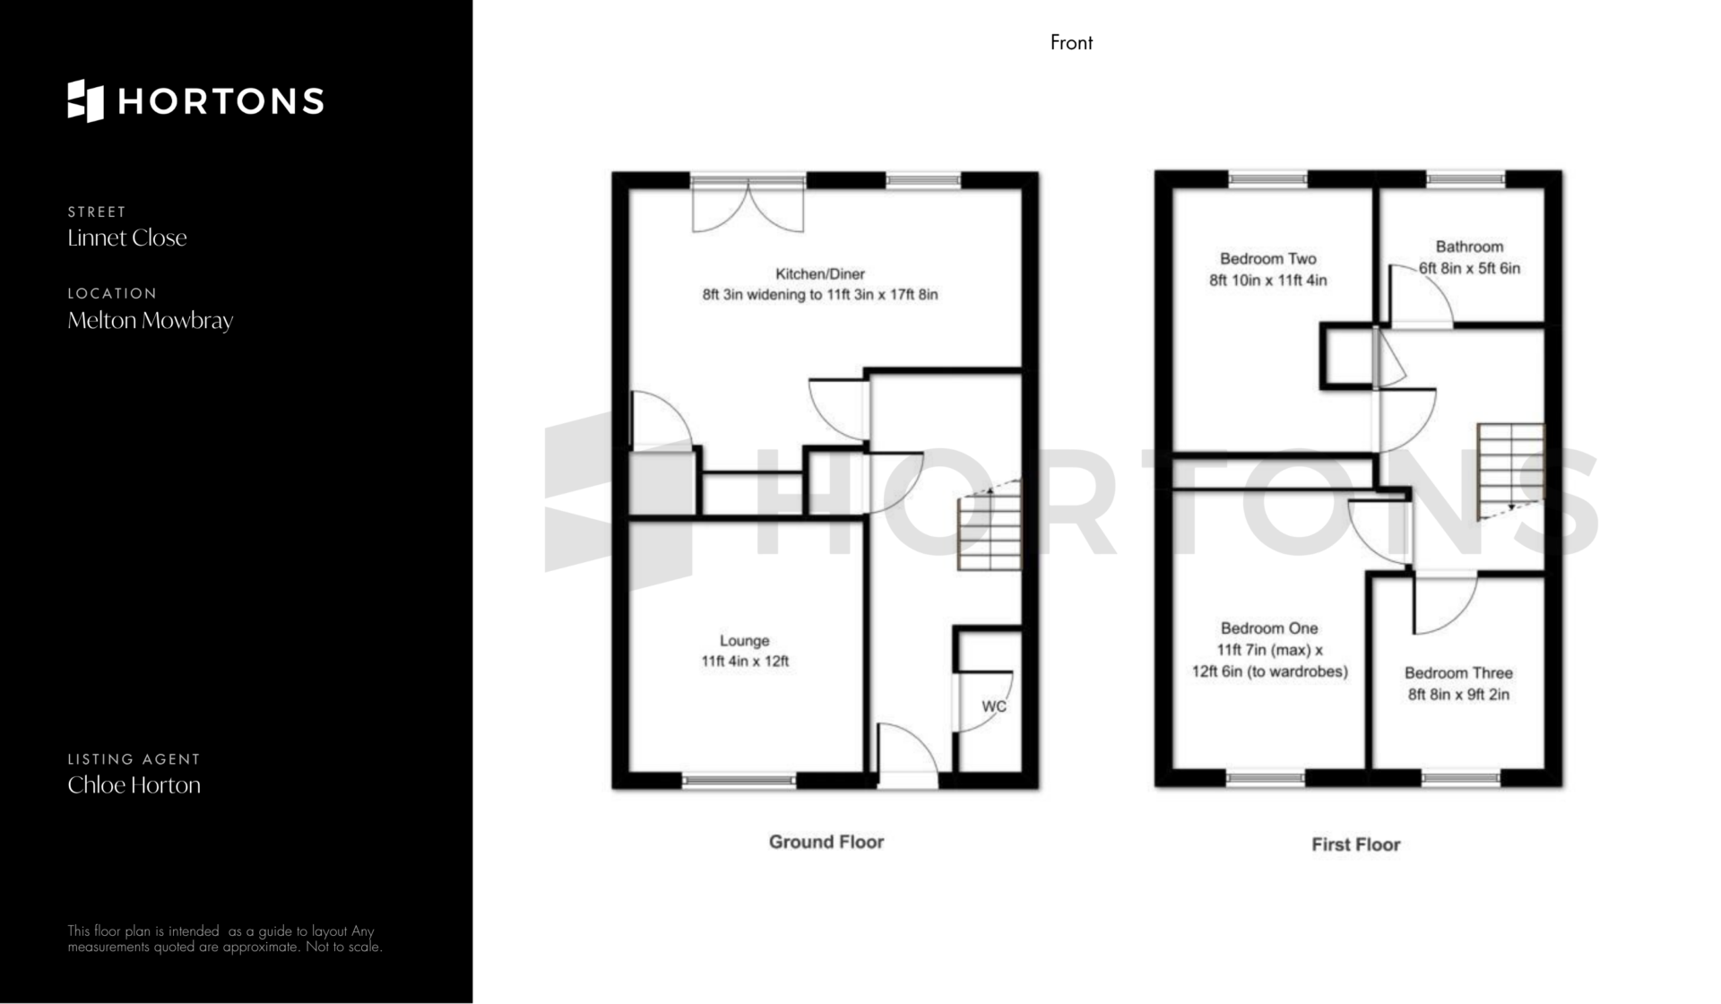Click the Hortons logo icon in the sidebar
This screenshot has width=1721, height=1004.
click(x=86, y=100)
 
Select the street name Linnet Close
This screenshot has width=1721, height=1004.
click(x=127, y=238)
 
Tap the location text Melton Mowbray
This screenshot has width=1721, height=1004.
click(x=151, y=320)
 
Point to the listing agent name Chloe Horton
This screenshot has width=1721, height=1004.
click(x=134, y=784)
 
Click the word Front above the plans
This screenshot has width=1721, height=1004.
click(x=1071, y=42)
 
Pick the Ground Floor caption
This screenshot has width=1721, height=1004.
click(x=826, y=842)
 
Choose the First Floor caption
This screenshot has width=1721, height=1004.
click(x=1355, y=844)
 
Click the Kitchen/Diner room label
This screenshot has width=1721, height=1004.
click(x=820, y=273)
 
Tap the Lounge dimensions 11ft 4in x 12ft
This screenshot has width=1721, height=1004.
click(x=745, y=662)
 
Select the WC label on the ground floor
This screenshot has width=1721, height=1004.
click(x=994, y=706)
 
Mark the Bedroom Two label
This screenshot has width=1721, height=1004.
click(x=1268, y=259)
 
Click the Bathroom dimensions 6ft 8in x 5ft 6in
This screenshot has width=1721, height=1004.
click(x=1470, y=268)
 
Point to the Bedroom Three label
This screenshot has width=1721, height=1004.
click(x=1458, y=672)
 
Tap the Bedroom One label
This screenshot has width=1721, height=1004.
click(x=1269, y=628)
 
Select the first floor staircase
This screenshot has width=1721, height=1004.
click(x=1511, y=472)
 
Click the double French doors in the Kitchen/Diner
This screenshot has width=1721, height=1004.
click(x=748, y=203)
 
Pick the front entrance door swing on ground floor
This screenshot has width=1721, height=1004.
click(x=907, y=755)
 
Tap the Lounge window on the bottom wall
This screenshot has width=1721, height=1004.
click(x=739, y=782)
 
